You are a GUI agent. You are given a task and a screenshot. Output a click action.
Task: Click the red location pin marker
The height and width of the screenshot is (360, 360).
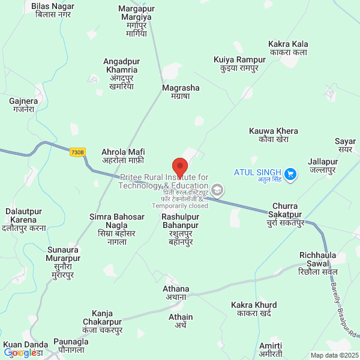point(179,166)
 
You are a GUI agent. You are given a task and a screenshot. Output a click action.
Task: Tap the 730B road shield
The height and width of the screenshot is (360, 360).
point(77,152)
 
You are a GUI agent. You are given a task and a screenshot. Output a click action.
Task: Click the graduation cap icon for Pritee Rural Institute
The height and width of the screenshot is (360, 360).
point(217,191)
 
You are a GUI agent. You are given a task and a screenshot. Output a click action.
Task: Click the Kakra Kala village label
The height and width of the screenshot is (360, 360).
point(288,48)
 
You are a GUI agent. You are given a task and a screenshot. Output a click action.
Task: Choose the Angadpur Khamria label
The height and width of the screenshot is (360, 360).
point(121,74)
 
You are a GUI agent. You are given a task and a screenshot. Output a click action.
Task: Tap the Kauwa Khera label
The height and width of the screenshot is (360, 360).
point(273,135)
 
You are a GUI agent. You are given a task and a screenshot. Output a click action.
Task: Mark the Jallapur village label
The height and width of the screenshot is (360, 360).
point(322,166)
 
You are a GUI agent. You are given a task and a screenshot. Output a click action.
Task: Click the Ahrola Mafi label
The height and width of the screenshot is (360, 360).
point(123,156)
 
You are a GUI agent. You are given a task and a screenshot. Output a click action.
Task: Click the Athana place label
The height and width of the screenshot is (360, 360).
point(176,292)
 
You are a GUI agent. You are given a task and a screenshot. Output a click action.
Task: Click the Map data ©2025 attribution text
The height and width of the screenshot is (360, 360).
point(334,355)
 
